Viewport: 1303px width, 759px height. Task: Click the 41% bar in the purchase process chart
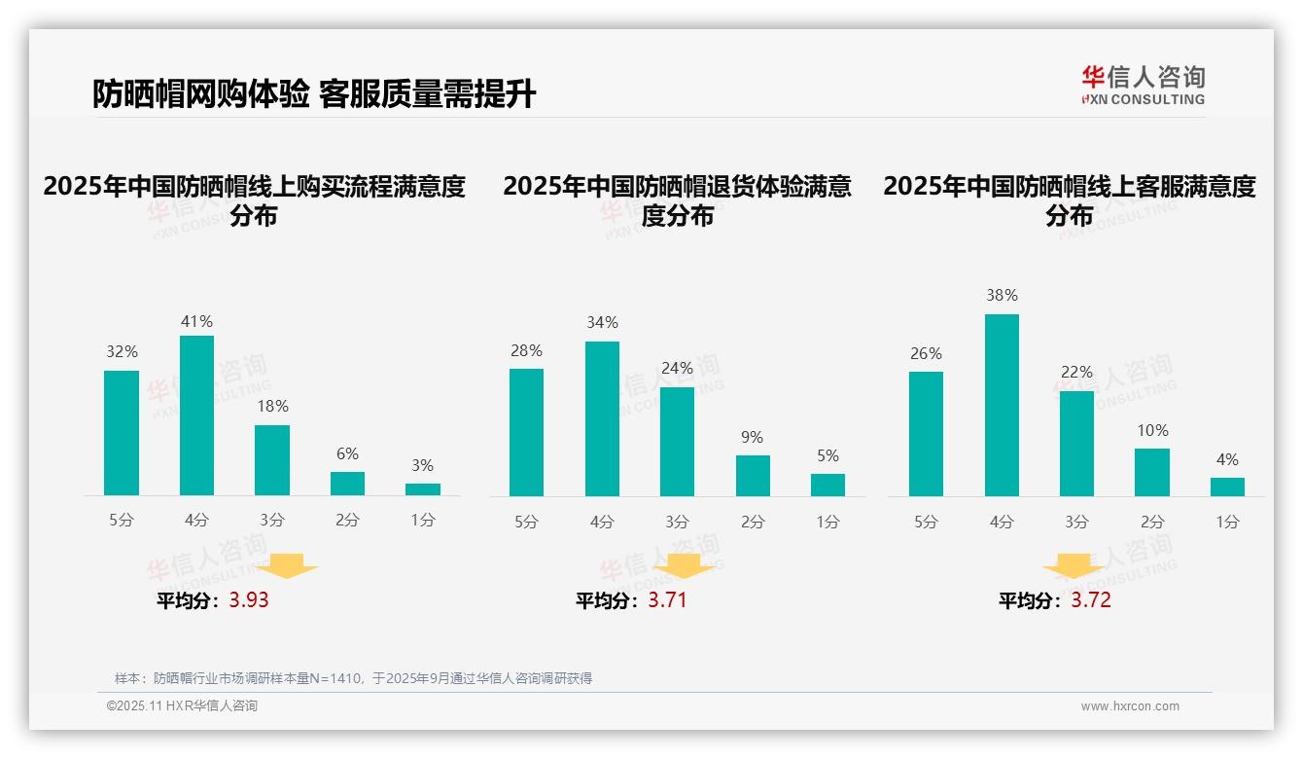196,416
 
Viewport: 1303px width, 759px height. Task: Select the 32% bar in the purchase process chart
122,433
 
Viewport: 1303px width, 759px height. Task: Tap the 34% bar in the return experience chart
602,418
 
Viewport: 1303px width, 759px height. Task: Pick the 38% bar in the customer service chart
1002,405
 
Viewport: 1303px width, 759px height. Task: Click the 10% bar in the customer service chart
1152,472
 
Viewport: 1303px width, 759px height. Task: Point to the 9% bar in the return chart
753,476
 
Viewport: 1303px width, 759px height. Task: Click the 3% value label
422,466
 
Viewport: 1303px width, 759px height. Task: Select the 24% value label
677,369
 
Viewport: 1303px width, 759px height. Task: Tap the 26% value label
926,354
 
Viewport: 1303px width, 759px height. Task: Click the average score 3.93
249,600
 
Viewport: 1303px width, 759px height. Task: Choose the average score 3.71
667,600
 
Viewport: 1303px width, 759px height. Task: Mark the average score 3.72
1091,600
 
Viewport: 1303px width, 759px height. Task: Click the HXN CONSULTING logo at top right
1143,85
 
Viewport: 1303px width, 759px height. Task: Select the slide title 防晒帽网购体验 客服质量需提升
314,94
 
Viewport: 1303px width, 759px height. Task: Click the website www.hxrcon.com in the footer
1130,706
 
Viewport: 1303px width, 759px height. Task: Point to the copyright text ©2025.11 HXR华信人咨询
182,706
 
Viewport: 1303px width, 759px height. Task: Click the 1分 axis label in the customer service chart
1227,523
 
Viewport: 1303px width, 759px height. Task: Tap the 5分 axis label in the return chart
526,523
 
